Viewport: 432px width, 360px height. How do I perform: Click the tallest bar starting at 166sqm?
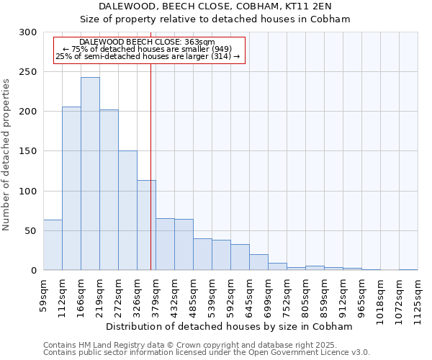click(90, 174)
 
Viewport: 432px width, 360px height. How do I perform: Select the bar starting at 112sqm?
click(71, 189)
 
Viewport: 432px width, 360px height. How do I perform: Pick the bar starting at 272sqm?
click(127, 210)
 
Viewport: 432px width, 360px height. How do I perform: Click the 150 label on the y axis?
click(28, 151)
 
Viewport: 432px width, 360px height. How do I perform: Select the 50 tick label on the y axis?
click(31, 231)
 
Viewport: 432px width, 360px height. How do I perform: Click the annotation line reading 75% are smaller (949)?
click(148, 49)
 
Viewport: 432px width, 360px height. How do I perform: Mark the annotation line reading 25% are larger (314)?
click(148, 56)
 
